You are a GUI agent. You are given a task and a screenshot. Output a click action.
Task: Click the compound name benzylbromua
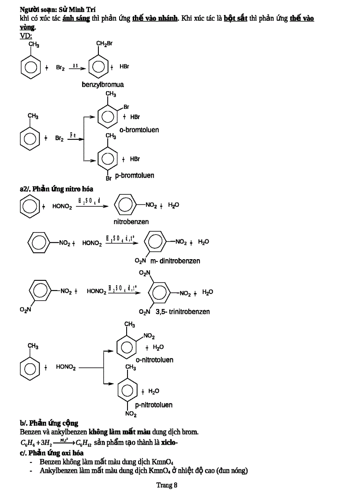(x=103, y=84)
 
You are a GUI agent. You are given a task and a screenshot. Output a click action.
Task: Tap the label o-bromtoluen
(x=139, y=130)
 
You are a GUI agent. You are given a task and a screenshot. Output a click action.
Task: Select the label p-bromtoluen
(x=135, y=175)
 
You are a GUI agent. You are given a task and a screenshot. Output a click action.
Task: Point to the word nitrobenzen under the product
(x=131, y=222)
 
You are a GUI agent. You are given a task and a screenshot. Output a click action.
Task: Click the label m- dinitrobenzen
(x=172, y=261)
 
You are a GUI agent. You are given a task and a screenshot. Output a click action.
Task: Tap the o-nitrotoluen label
(x=154, y=360)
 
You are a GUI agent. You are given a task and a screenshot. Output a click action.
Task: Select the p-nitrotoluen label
(x=154, y=405)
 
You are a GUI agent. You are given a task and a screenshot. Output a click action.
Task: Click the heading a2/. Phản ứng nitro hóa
(x=56, y=189)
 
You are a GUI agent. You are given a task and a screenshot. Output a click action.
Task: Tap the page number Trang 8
(x=167, y=485)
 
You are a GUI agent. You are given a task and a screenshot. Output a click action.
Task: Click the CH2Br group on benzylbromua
(x=105, y=44)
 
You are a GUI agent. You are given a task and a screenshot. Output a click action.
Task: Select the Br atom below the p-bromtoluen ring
(x=108, y=179)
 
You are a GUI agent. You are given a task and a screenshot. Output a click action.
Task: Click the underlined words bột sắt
(x=235, y=19)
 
